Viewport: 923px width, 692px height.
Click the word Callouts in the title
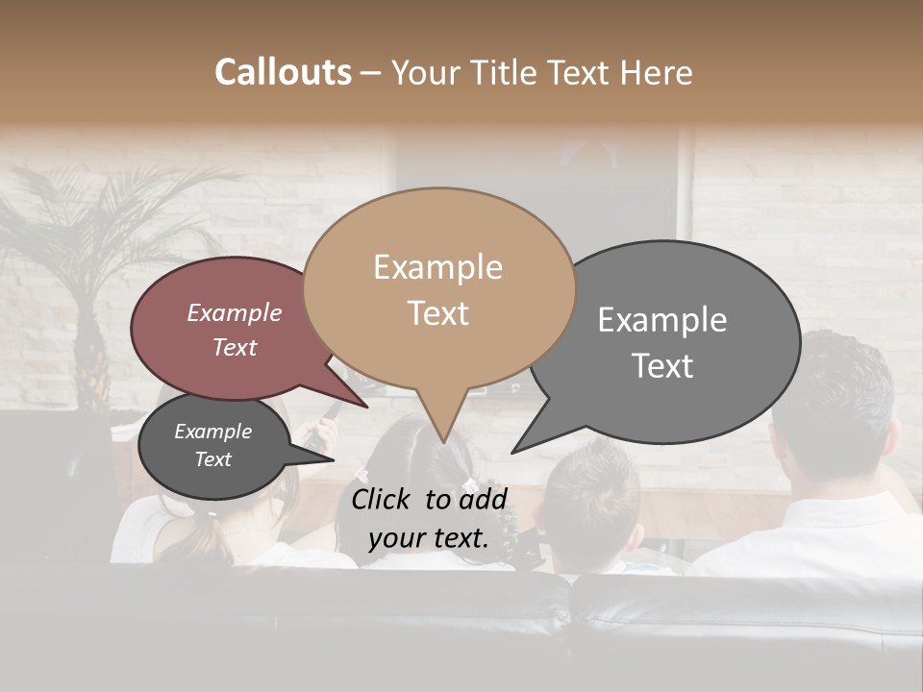point(283,72)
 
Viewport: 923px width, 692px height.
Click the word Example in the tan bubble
point(437,267)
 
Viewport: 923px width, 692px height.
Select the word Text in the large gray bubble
point(662,366)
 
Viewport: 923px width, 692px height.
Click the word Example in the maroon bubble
point(234,312)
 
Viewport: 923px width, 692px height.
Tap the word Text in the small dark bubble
point(213,459)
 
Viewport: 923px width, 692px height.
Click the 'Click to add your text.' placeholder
point(428,518)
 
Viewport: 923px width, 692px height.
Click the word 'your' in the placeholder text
point(395,538)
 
